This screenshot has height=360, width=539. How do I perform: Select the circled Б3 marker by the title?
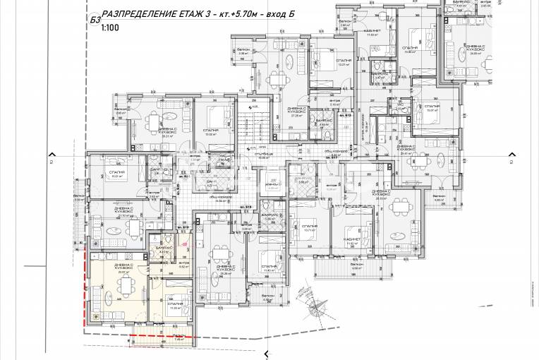(x=95, y=19)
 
